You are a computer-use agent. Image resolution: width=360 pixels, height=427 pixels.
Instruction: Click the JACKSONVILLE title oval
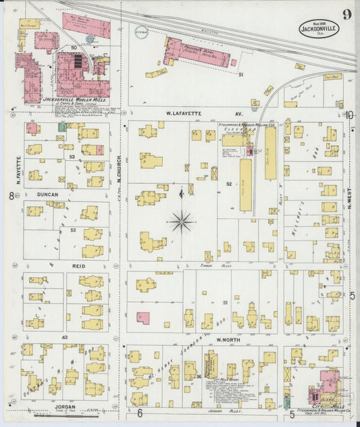tap(319, 28)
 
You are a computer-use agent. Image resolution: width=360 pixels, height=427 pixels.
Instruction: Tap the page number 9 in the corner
tap(346, 14)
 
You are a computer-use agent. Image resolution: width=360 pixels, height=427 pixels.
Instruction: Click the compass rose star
tap(182, 220)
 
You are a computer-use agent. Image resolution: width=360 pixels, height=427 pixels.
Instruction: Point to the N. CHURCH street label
tap(118, 170)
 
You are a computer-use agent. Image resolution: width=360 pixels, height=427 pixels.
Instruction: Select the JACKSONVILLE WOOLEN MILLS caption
tap(66, 99)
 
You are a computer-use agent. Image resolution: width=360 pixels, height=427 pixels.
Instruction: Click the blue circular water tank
tap(140, 30)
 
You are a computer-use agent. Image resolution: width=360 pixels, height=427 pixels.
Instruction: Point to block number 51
tap(240, 75)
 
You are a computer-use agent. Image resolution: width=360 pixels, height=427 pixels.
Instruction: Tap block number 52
tap(229, 184)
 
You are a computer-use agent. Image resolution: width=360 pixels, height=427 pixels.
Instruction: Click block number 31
tap(225, 303)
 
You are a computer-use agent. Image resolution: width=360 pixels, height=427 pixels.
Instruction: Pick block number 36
tap(199, 376)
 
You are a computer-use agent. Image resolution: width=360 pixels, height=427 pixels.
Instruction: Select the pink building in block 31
tap(143, 317)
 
